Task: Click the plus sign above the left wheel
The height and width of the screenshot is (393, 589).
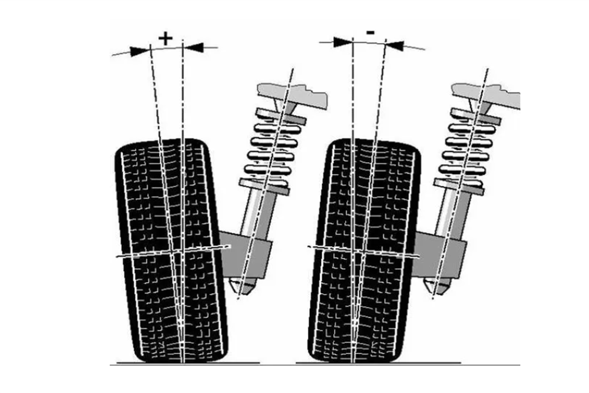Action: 166,39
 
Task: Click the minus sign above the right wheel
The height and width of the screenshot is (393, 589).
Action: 370,34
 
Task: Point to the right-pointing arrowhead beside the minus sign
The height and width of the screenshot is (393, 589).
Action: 342,42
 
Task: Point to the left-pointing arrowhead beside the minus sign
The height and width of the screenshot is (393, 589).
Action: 395,45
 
